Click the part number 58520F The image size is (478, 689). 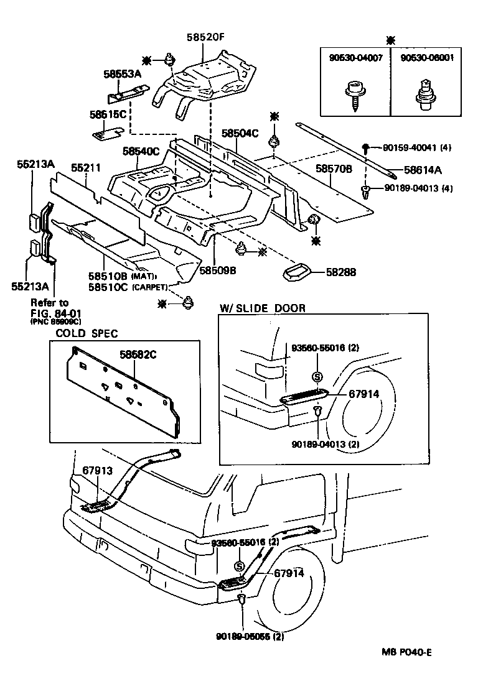(205, 37)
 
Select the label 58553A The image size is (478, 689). (123, 74)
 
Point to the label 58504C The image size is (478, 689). (240, 133)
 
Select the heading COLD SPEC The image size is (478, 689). (87, 334)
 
